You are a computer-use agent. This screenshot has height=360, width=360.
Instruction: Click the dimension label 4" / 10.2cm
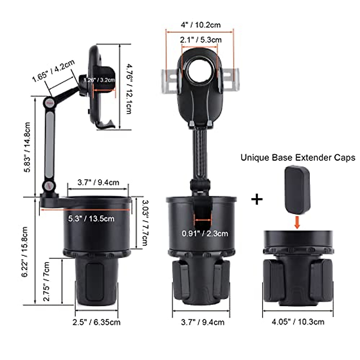tap(200, 25)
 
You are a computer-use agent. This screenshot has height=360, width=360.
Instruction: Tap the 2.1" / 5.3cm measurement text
tap(201, 40)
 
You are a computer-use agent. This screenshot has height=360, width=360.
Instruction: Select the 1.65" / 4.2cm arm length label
tap(53, 71)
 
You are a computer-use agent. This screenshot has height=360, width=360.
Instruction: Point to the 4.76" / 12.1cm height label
tap(128, 88)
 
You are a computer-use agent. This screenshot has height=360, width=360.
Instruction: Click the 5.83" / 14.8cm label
tap(27, 147)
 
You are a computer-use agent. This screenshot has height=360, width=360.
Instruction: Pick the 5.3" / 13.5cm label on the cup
tap(91, 218)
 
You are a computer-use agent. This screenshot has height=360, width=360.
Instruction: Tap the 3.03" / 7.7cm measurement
tap(145, 223)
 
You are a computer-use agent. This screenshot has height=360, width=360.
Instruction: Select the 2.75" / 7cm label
tap(46, 281)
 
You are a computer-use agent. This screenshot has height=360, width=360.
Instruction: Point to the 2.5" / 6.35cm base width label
tap(96, 322)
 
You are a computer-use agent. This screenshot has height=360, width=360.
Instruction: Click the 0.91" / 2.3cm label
tap(205, 233)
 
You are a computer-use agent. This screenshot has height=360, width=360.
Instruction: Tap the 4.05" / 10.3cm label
tap(298, 322)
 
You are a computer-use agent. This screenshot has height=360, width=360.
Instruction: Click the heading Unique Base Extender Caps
tap(298, 157)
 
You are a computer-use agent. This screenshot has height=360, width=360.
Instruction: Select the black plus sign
tap(257, 199)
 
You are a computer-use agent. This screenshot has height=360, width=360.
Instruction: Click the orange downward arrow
tap(297, 222)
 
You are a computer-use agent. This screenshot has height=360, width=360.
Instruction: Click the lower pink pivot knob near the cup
tap(49, 186)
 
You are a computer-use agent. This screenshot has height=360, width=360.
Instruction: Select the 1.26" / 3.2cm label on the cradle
tap(99, 80)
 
